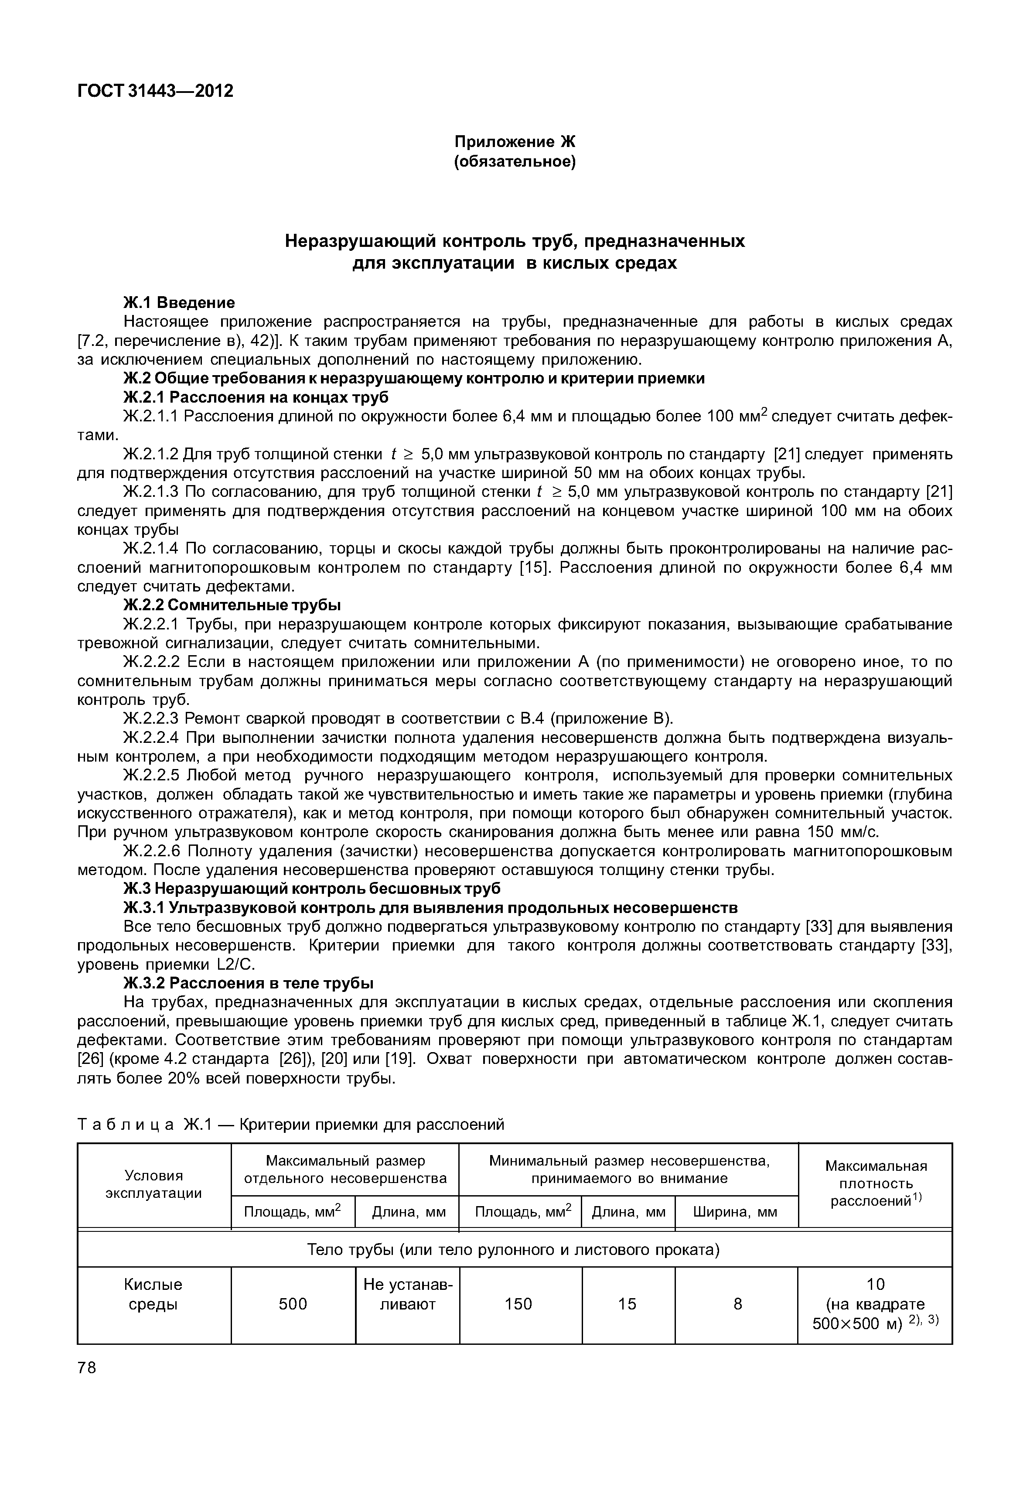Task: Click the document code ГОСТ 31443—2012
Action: [155, 91]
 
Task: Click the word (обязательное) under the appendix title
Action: [515, 161]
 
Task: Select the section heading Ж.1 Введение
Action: [179, 302]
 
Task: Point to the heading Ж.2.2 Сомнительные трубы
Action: [232, 605]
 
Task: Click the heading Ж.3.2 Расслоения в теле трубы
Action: [249, 983]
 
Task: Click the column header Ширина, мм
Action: [735, 1212]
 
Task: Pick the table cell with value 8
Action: [737, 1304]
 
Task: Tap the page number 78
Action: [86, 1368]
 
